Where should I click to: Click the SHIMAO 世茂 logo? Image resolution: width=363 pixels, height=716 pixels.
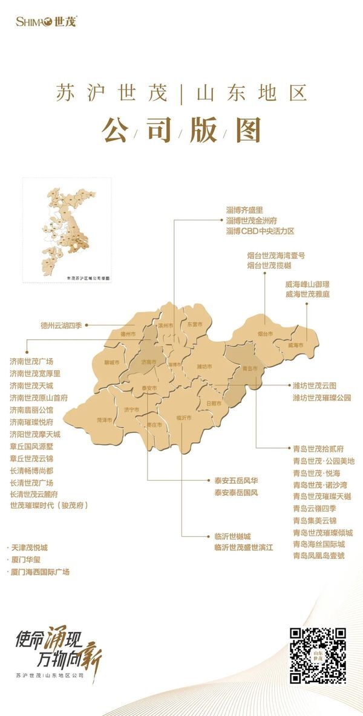[x=47, y=21]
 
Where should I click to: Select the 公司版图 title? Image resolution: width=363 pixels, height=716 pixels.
[x=181, y=129]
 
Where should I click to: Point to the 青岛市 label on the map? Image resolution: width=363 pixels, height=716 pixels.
[x=250, y=368]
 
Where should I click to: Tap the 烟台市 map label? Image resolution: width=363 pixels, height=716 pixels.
[x=264, y=334]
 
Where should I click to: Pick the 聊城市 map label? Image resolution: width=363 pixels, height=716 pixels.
[x=112, y=362]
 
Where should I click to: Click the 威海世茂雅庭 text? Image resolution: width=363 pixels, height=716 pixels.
[x=307, y=294]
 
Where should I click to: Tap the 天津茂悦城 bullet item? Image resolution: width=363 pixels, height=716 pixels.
[x=29, y=547]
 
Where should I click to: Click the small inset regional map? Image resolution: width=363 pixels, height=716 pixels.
[x=67, y=230]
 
